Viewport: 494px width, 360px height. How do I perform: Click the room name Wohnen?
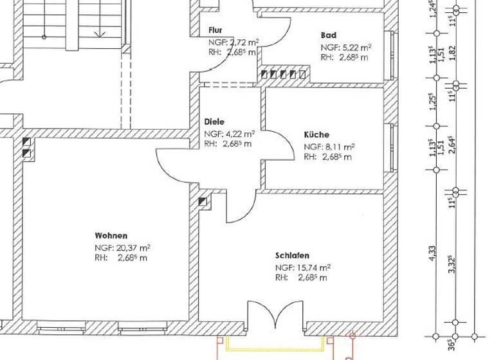click(x=111, y=236)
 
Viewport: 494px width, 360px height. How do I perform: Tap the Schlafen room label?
click(x=292, y=255)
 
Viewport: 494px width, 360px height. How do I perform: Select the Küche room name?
click(x=316, y=135)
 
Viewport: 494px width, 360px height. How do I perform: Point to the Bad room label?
click(x=329, y=35)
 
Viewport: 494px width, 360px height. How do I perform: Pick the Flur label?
click(x=215, y=30)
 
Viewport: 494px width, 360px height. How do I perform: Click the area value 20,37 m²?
click(x=131, y=247)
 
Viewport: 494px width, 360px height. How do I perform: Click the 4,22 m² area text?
click(x=239, y=134)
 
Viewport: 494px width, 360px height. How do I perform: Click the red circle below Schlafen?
click(x=352, y=335)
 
